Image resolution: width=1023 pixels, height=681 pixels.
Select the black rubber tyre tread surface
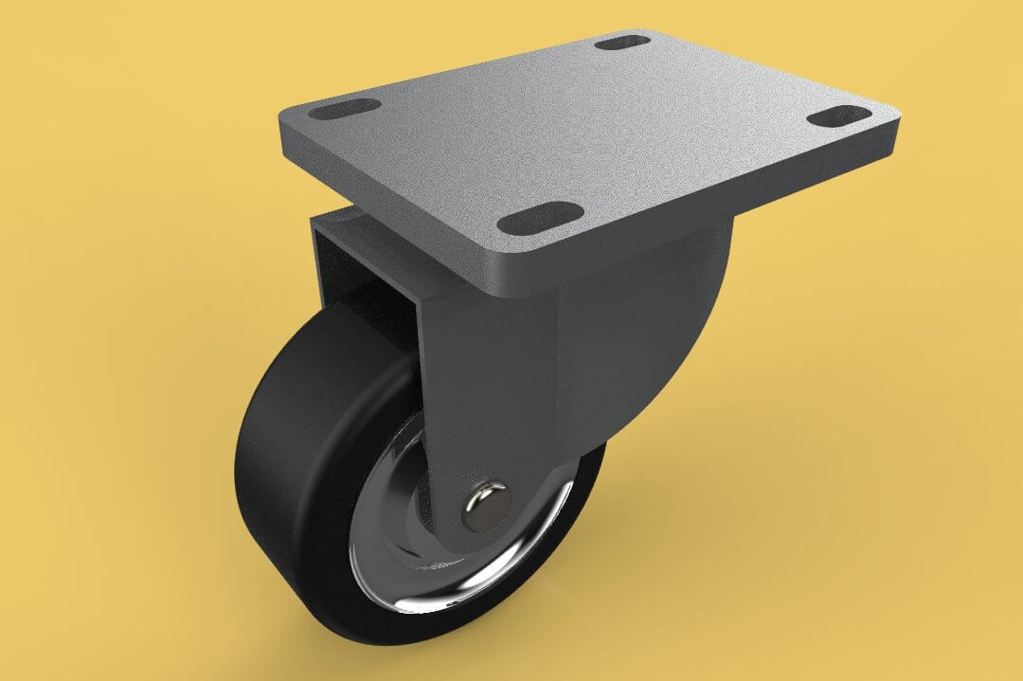284,474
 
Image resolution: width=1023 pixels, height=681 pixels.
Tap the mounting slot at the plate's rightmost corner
841,116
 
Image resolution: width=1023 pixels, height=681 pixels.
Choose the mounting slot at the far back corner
622,42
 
